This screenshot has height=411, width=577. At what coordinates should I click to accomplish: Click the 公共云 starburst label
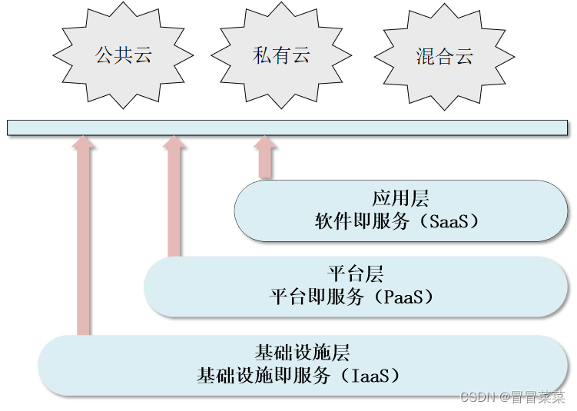point(123,55)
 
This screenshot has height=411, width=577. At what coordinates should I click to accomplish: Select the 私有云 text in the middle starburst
point(280,55)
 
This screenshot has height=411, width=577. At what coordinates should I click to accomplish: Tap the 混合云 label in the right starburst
point(444,56)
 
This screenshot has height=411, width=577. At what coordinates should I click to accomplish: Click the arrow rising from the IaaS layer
point(83,238)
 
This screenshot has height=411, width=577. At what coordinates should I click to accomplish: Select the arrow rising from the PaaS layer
point(174,200)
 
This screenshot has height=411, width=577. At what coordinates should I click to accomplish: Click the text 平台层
point(356,273)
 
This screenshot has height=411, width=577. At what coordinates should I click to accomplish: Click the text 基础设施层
point(302,353)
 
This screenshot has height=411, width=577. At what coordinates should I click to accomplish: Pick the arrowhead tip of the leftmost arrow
point(83,138)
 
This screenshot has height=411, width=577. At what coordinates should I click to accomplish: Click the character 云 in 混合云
point(463,56)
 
